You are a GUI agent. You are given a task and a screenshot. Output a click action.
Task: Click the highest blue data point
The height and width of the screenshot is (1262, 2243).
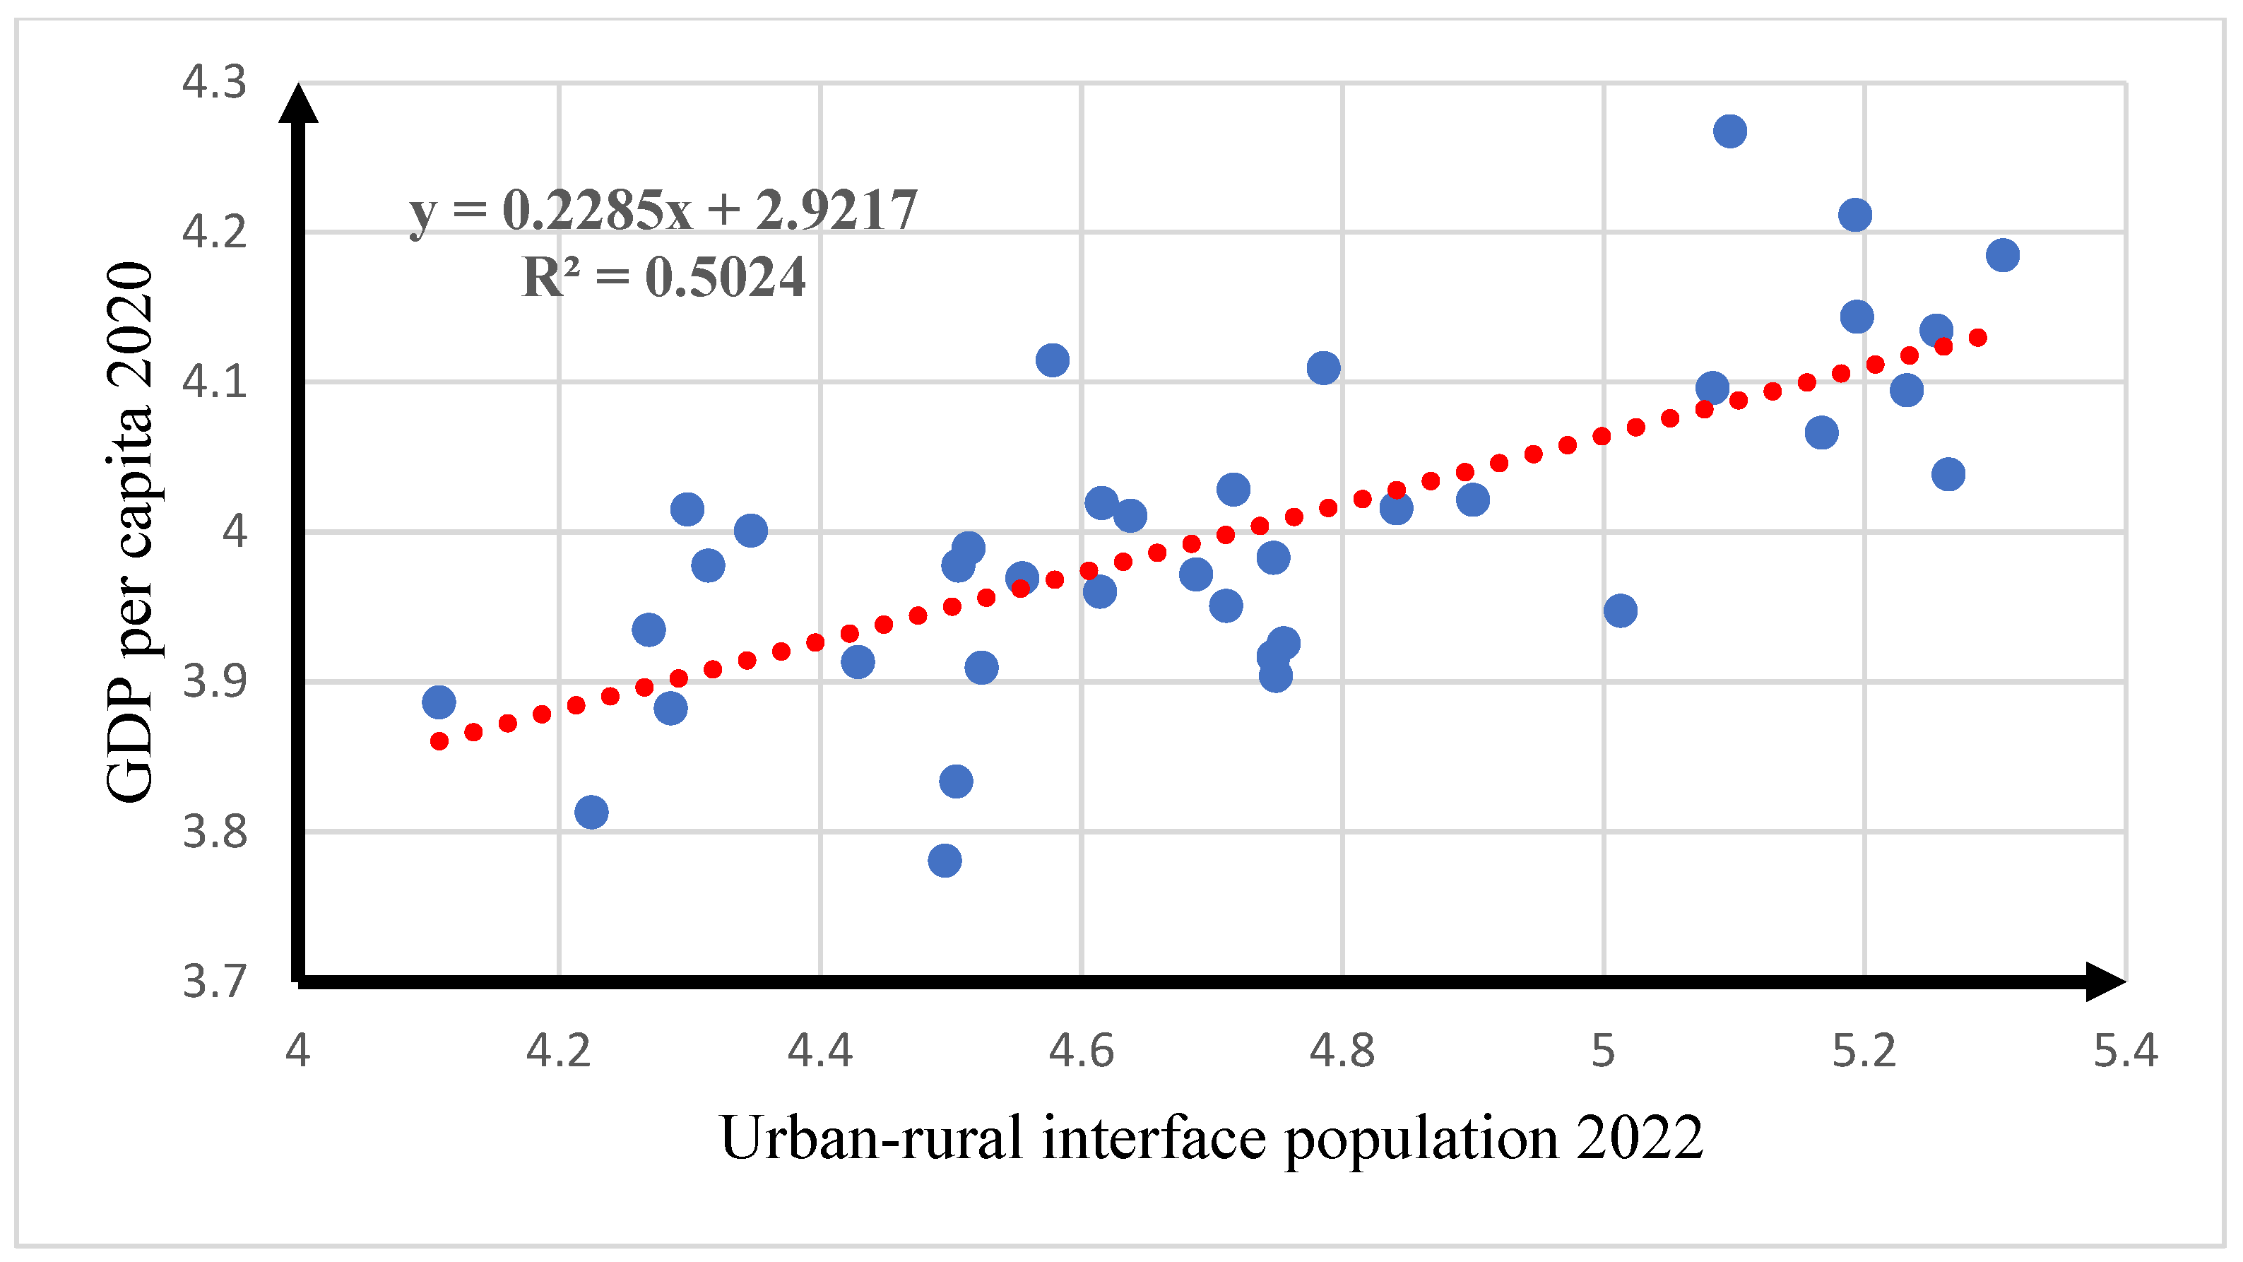pos(1729,131)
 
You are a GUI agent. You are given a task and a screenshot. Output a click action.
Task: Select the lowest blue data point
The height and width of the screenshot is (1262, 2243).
pos(945,861)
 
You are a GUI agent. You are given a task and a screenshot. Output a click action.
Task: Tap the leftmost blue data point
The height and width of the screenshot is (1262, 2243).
pos(439,702)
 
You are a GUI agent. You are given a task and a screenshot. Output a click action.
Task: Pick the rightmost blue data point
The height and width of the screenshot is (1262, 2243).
pos(2003,255)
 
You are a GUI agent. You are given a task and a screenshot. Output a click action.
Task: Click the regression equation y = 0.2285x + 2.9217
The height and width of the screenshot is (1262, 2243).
pos(663,210)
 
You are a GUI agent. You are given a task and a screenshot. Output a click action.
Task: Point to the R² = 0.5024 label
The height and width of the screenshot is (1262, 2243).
pos(663,278)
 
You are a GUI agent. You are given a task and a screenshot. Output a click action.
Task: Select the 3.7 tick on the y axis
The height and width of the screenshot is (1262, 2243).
pos(214,981)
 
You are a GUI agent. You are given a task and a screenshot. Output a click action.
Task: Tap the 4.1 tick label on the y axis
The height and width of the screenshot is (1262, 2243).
pos(214,382)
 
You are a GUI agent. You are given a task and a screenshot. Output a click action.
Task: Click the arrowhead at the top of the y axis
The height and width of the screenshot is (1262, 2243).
pos(299,102)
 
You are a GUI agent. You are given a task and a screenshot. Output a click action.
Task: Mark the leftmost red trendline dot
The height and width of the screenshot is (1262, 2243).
pos(439,741)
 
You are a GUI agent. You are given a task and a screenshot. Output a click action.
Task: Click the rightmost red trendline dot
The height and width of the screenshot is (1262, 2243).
pos(1977,337)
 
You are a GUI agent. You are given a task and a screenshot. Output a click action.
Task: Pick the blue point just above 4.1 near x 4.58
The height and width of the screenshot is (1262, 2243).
pos(1053,360)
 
